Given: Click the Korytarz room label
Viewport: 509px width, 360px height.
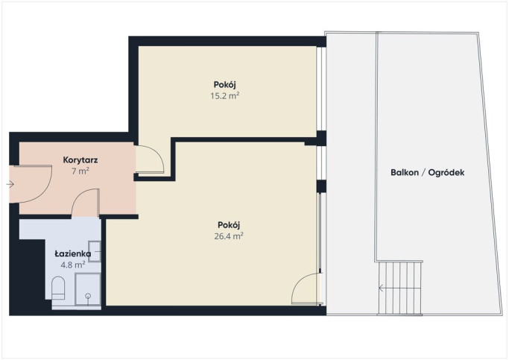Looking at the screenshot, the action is (x=80, y=160).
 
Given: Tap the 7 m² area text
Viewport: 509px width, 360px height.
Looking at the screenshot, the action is (x=80, y=171).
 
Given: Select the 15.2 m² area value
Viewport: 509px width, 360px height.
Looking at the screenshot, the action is (x=224, y=95).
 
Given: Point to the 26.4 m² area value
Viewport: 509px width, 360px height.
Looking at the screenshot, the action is (x=229, y=236).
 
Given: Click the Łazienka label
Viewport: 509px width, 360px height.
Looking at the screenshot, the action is (x=73, y=253).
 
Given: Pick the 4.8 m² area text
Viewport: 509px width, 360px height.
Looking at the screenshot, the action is (x=73, y=265).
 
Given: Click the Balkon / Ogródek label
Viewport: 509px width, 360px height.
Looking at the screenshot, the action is (x=428, y=172).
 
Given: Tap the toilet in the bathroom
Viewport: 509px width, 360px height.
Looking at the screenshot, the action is (x=58, y=288).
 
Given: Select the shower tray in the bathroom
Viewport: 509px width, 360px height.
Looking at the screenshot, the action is (x=88, y=289).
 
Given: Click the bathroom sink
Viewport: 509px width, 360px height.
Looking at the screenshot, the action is (x=95, y=251).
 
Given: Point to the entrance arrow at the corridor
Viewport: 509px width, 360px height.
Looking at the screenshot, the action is (x=10, y=184).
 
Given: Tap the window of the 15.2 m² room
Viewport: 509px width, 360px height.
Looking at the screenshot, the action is (x=321, y=89).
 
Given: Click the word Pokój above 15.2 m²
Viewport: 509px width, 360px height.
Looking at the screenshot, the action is (x=224, y=85).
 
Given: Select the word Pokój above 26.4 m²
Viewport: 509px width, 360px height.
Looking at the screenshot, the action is (x=229, y=225).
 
